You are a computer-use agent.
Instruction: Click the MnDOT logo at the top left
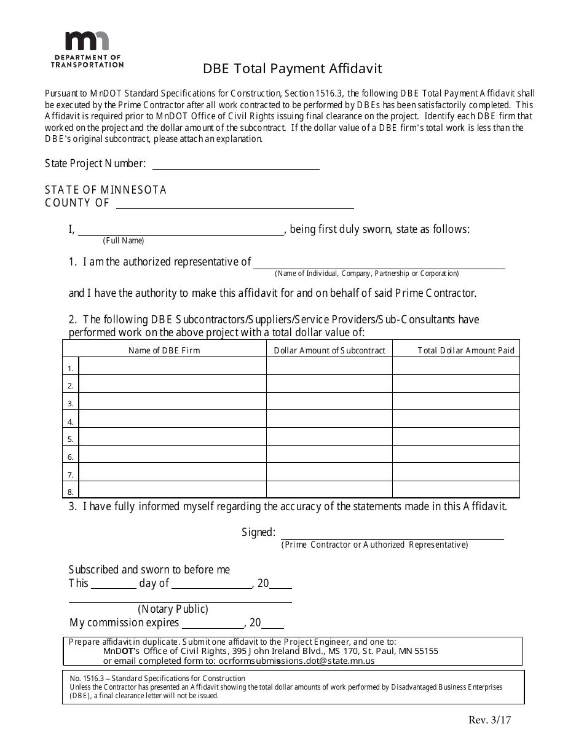87,49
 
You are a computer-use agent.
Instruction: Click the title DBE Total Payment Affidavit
293,69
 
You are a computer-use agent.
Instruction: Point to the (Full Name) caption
124,240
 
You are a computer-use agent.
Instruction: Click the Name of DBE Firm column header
164,350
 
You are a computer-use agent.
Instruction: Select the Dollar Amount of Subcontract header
329,350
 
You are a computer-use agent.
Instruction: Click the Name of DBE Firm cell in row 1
173,366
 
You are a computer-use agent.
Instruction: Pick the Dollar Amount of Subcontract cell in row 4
329,419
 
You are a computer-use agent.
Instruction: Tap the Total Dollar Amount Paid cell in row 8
456,490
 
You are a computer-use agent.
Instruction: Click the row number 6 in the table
71,457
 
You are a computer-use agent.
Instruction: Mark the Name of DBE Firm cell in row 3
173,401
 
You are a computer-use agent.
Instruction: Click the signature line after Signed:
392,534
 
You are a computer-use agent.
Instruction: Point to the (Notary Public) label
173,609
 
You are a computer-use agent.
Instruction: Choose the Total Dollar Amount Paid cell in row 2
456,384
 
